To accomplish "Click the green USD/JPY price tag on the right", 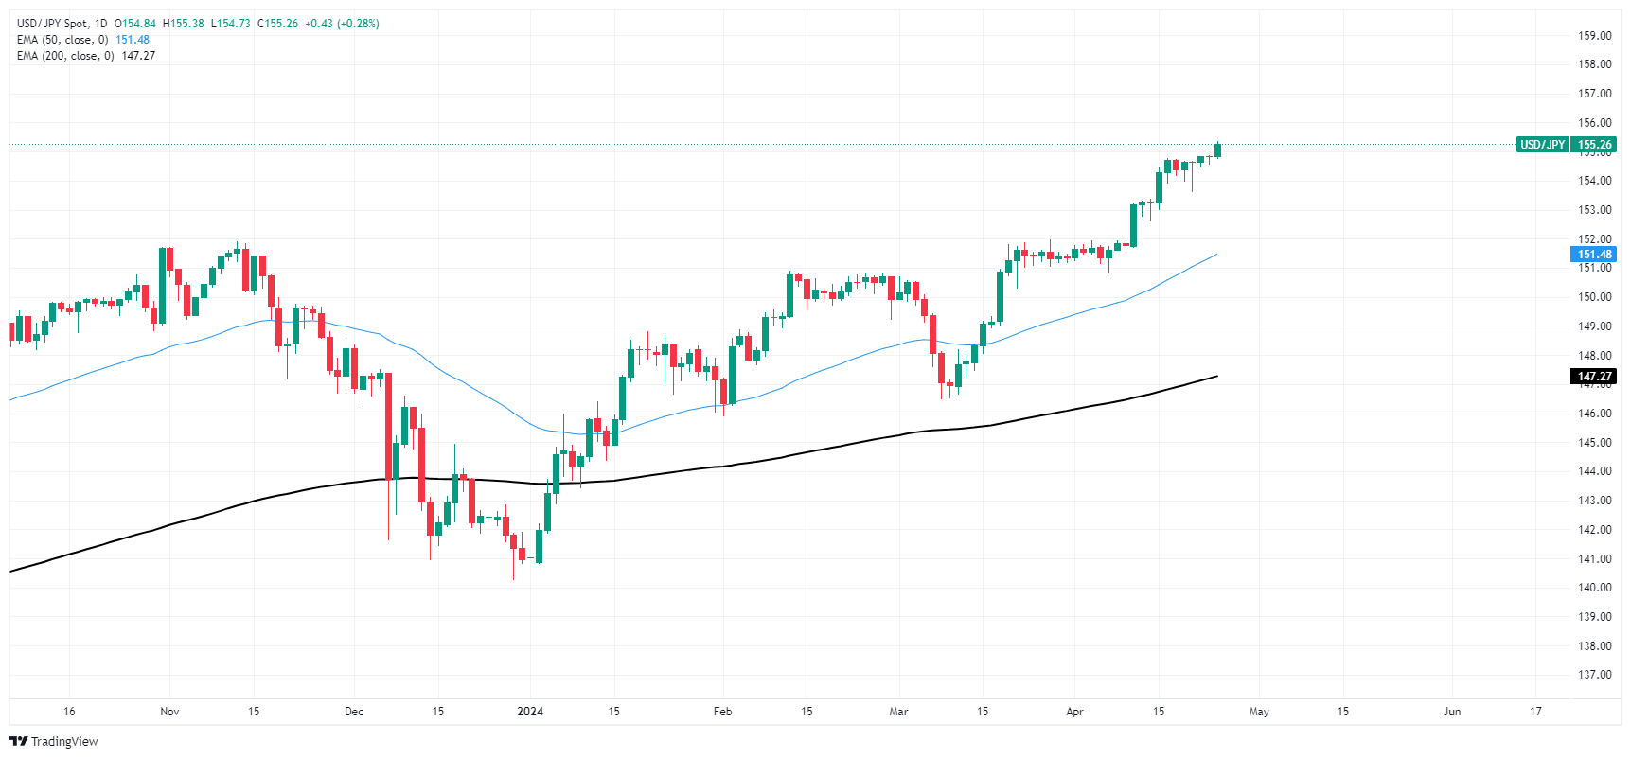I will [x=1566, y=145].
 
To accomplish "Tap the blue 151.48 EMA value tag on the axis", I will [x=1594, y=255].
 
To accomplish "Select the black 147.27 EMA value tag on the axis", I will [x=1594, y=377].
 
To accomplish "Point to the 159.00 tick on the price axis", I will [x=1594, y=36].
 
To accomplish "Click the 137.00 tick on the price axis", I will [x=1594, y=675].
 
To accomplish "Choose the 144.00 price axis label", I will [x=1594, y=471].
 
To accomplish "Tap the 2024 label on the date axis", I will [x=530, y=712].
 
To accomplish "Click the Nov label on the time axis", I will [x=169, y=712].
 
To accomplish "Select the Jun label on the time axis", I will [x=1451, y=712].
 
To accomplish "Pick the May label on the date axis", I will [x=1259, y=712].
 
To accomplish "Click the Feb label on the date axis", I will [x=722, y=712].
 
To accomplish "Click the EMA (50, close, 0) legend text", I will [x=62, y=40].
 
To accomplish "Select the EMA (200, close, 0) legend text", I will [x=65, y=56].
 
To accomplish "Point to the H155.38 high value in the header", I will [x=183, y=24].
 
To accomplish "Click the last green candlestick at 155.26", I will [x=1217, y=150].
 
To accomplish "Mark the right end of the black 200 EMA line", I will [x=1217, y=377].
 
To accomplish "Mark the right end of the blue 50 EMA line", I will [x=1217, y=254].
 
